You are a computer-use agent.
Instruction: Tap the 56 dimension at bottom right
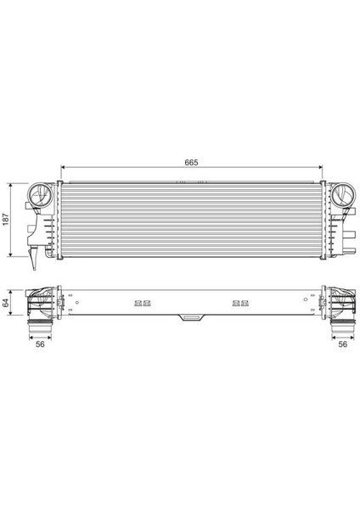click(x=343, y=345)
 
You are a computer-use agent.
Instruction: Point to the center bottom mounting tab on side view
click(x=190, y=319)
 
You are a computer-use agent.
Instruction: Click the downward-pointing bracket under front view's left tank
click(x=33, y=253)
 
